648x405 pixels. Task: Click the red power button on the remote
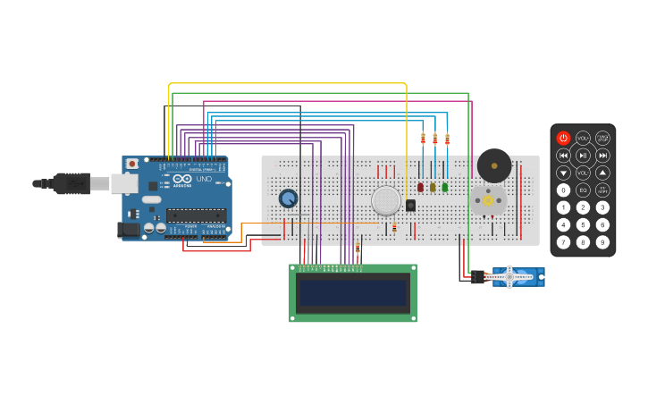(x=563, y=138)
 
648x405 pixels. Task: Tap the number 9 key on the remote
(x=602, y=241)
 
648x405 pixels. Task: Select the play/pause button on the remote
(x=583, y=156)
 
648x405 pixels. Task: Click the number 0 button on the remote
(x=563, y=190)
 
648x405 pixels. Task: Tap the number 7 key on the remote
(x=563, y=241)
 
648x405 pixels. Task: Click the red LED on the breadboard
(x=420, y=188)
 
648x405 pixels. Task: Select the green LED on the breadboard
(x=444, y=188)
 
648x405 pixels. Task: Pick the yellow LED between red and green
(x=433, y=188)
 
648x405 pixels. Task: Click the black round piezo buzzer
(x=493, y=165)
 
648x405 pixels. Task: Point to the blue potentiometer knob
(x=288, y=198)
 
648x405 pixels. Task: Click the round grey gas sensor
(x=386, y=200)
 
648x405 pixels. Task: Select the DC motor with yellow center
(x=488, y=200)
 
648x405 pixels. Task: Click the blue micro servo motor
(x=514, y=277)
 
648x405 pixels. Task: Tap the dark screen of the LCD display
(x=353, y=292)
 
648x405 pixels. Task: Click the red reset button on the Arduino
(x=132, y=164)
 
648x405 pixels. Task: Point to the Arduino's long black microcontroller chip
(x=195, y=215)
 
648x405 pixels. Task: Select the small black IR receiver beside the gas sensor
(x=410, y=205)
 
